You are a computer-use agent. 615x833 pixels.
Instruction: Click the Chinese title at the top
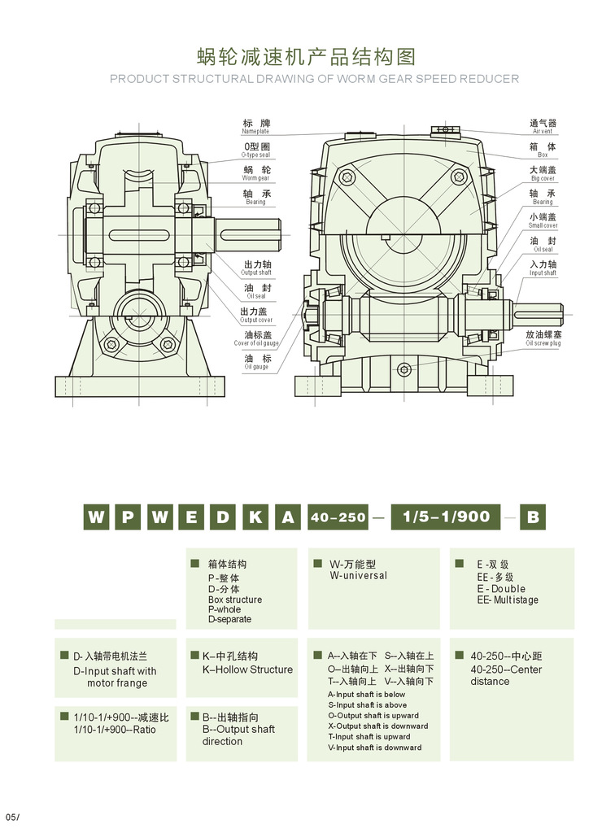coord(307,56)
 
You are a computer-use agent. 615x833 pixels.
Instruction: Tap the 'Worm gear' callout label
coord(255,174)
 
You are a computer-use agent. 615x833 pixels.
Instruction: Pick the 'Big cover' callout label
coord(543,174)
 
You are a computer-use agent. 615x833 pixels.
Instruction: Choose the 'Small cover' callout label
coord(543,221)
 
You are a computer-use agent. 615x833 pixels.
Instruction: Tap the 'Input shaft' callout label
coord(543,269)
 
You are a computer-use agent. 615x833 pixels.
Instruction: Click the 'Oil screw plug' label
coord(543,339)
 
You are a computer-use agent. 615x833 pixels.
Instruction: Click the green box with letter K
coord(255,517)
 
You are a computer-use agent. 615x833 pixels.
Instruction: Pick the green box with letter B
coord(534,517)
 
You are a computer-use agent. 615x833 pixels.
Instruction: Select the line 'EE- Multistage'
coord(508,600)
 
